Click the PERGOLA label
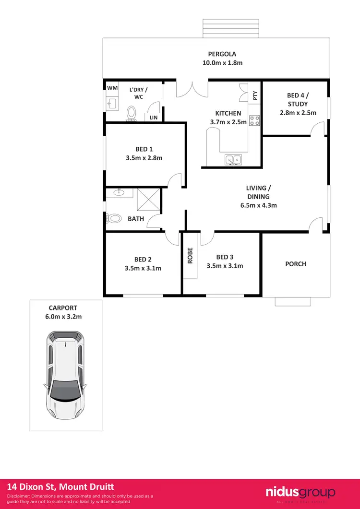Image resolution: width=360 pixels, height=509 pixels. pyautogui.click(x=222, y=54)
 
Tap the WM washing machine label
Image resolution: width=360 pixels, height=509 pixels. pyautogui.click(x=112, y=88)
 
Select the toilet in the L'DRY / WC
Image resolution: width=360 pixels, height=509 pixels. pyautogui.click(x=131, y=113)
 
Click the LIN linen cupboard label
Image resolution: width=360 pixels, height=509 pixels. pyautogui.click(x=154, y=118)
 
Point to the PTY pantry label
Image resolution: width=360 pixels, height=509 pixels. pyautogui.click(x=255, y=95)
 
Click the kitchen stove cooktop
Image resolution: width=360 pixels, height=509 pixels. pyautogui.click(x=254, y=120)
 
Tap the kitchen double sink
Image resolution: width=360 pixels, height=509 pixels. pyautogui.click(x=234, y=159)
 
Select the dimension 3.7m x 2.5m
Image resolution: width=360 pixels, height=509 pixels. pyautogui.click(x=228, y=122)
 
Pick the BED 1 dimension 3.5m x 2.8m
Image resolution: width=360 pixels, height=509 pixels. pyautogui.click(x=144, y=158)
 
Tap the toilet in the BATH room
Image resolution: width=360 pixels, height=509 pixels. pyautogui.click(x=114, y=218)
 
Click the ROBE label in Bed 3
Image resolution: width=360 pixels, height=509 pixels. pyautogui.click(x=190, y=256)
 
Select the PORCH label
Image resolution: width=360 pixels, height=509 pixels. pyautogui.click(x=296, y=264)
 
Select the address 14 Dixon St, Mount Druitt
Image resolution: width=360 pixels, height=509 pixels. pyautogui.click(x=60, y=487)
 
